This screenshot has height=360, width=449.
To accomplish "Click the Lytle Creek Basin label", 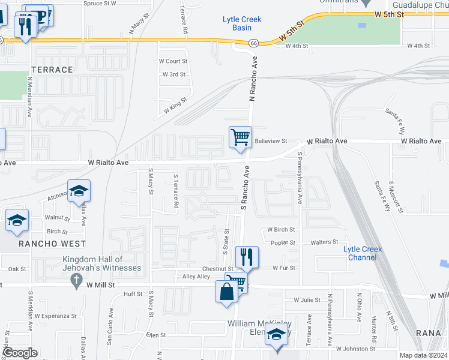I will pos(242,23).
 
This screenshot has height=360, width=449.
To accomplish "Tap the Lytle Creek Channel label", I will pos(360,253).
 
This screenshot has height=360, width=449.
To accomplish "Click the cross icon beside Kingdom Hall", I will pos(76,280).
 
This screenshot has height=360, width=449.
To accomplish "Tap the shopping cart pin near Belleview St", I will pos(240,137).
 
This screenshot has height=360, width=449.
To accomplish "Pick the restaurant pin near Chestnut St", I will pos(247,257).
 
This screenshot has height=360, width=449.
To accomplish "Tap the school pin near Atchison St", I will pos(79,191).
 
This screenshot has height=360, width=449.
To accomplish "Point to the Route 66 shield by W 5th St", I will pos(253,43).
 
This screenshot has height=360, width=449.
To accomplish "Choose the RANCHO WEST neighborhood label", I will pos(52,244).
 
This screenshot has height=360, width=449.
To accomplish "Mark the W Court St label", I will pos(173,61).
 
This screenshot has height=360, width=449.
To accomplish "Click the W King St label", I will pos(175,107).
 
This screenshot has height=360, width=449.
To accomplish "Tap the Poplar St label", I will pos(283,243).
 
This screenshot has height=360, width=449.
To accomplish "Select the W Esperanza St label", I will pos(57,315).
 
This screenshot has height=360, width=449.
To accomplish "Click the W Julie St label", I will pos(306,299).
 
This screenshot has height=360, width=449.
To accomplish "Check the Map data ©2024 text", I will pos(423,355).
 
